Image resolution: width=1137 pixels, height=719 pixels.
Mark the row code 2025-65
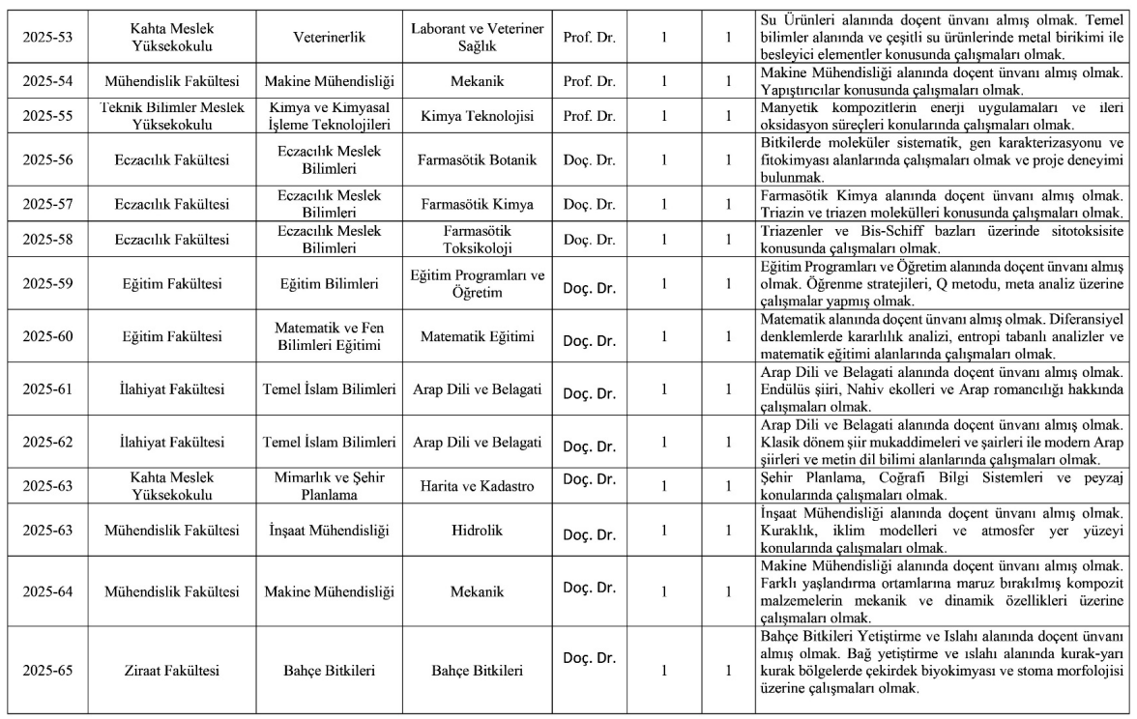(x=47, y=669)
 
